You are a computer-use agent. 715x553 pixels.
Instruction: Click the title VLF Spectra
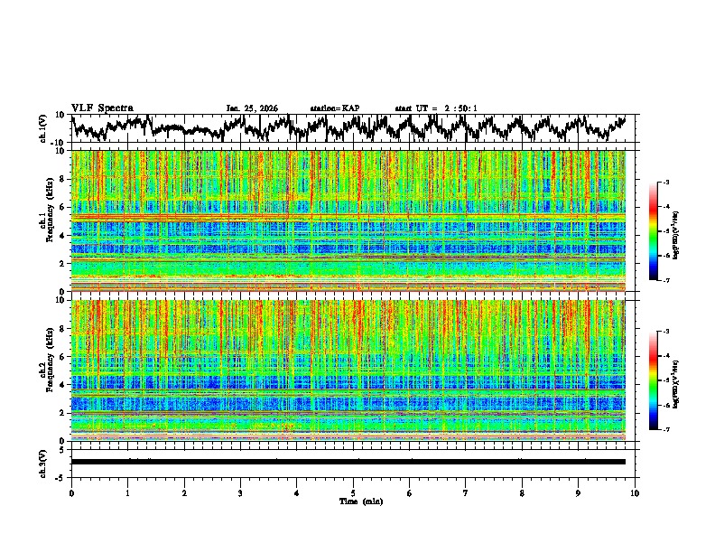102,108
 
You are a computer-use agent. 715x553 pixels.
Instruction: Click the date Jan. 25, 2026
252,108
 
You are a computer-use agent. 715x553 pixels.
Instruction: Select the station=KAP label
335,108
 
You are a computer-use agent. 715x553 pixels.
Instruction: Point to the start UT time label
436,108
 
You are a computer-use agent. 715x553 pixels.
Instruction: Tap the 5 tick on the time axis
353,493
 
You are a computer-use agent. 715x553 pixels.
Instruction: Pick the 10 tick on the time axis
635,493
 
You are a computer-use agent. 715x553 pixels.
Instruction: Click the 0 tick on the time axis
71,493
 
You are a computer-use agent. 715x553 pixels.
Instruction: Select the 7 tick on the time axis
466,493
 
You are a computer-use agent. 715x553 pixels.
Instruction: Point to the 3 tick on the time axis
240,493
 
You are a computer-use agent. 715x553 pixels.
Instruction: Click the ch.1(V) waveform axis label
43,128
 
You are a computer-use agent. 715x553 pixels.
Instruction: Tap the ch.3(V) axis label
43,461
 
